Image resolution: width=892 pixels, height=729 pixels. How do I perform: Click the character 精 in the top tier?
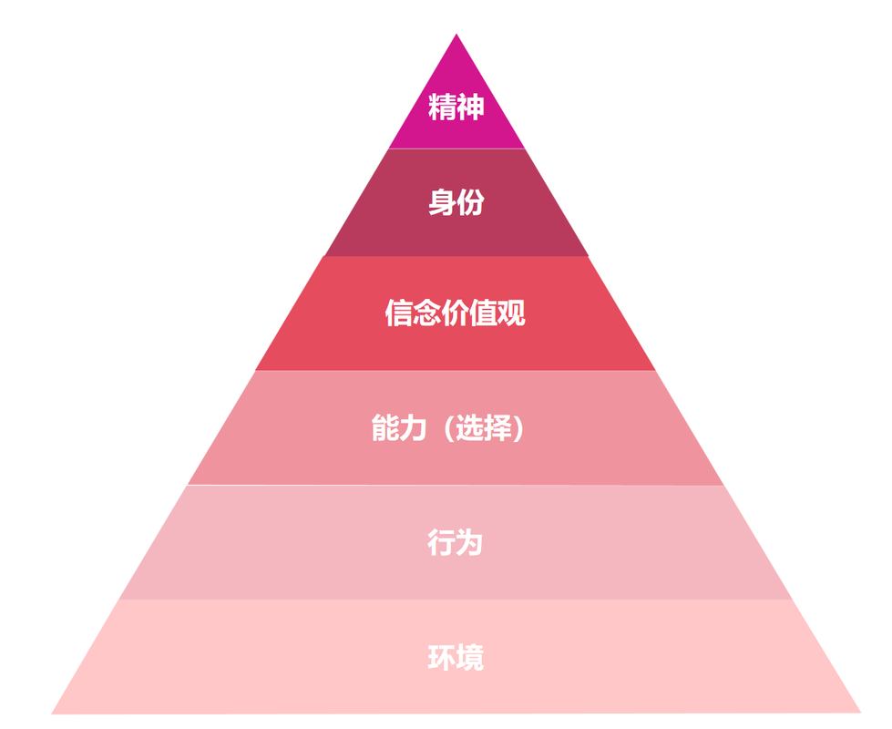[442, 108]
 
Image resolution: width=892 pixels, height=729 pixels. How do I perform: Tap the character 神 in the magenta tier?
[470, 108]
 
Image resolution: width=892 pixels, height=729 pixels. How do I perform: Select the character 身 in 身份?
[442, 203]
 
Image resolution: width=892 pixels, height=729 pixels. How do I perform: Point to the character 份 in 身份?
[470, 203]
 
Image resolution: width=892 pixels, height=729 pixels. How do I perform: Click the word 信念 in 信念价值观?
[413, 313]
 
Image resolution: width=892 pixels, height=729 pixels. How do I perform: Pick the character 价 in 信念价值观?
[456, 313]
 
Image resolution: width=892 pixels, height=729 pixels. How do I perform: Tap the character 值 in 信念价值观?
[484, 313]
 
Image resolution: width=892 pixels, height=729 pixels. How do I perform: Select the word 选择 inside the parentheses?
[484, 427]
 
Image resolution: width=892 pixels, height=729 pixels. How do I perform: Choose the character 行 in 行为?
[441, 543]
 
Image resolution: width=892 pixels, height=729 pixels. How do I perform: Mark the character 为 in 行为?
[469, 543]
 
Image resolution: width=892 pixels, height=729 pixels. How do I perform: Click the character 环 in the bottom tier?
[441, 657]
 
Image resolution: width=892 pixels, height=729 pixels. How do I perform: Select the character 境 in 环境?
[469, 657]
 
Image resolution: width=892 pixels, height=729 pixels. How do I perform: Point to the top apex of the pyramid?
[456, 36]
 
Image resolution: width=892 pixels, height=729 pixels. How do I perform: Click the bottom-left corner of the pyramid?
[52, 713]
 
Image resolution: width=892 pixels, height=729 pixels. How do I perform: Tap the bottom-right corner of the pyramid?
[859, 712]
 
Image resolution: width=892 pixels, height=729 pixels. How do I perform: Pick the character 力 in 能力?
[413, 427]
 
